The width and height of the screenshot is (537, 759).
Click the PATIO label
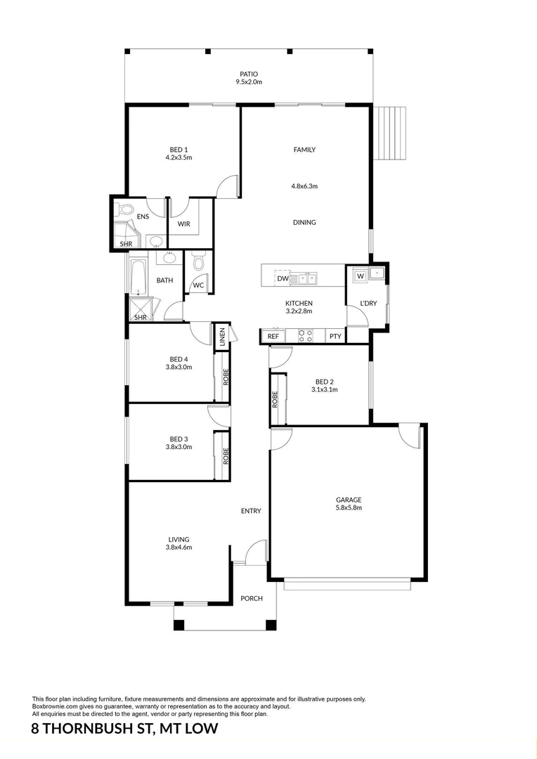pyautogui.click(x=248, y=74)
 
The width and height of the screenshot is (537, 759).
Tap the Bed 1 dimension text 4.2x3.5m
pyautogui.click(x=179, y=157)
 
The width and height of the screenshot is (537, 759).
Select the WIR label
pyautogui.click(x=183, y=224)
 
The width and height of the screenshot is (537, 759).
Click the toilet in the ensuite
pyautogui.click(x=125, y=209)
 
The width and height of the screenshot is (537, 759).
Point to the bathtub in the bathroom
pyautogui.click(x=136, y=276)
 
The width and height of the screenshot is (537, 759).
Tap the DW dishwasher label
pyautogui.click(x=283, y=279)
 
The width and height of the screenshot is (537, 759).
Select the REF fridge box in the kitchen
pyautogui.click(x=273, y=337)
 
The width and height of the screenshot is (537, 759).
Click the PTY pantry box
pyautogui.click(x=335, y=337)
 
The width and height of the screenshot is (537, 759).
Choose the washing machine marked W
pyautogui.click(x=360, y=275)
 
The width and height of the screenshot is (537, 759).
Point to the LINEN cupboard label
pyautogui.click(x=222, y=337)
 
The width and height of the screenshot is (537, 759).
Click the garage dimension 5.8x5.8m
pyautogui.click(x=348, y=507)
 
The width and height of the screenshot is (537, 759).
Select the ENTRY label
pyautogui.click(x=251, y=511)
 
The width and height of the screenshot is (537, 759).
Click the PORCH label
pyautogui.click(x=252, y=599)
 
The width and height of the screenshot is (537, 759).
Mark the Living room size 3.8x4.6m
pyautogui.click(x=179, y=547)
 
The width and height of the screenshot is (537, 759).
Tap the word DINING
pyautogui.click(x=304, y=222)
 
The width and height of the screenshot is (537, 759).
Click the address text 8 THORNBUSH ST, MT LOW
pyautogui.click(x=125, y=729)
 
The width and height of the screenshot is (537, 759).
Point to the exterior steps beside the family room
pyautogui.click(x=390, y=133)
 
